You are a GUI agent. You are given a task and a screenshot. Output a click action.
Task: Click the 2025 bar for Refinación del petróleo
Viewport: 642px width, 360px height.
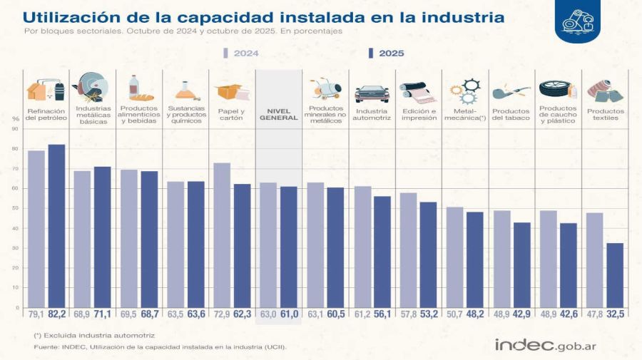coord(56,226)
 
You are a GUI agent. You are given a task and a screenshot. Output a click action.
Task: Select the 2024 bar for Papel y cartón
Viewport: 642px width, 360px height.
coord(222,235)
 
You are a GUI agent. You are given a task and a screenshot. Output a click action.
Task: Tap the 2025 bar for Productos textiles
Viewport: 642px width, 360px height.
coord(615,275)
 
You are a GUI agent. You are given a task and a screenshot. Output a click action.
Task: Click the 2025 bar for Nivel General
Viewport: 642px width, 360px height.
coord(289,247)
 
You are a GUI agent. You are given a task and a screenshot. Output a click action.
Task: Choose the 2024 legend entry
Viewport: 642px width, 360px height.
coord(241,53)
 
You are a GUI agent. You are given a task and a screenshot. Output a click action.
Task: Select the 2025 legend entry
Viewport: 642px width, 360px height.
coord(386,53)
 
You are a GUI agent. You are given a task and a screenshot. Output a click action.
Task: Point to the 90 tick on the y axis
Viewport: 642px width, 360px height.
coord(14,129)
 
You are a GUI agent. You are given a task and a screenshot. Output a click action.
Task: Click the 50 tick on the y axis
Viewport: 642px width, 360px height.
coord(14,208)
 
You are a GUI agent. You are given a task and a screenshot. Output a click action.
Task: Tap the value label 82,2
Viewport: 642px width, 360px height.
coord(56,314)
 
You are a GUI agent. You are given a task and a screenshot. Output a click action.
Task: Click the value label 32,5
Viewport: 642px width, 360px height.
coord(615,314)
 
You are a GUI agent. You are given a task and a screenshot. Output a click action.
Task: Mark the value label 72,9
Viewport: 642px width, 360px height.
coord(222,314)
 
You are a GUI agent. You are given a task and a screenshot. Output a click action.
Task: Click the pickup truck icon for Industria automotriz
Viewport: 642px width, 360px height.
coord(372,93)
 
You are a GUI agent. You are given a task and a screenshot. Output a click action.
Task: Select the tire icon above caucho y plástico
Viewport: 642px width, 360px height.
coord(557,91)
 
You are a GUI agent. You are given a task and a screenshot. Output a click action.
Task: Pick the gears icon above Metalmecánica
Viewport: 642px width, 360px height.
coord(464,91)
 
